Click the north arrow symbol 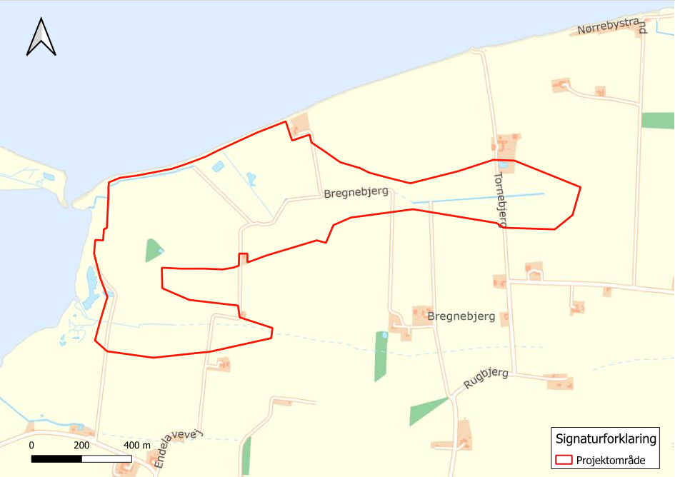click(41, 38)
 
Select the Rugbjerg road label click(486, 378)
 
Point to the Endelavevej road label click(175, 450)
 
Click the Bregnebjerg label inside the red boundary click(355, 193)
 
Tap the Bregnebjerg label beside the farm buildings click(461, 316)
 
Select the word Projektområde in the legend click(611, 461)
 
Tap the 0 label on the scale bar click(31, 446)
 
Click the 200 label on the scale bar click(81, 446)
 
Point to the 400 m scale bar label click(137, 446)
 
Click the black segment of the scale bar click(56, 457)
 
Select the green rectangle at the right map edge click(658, 120)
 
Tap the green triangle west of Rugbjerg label click(426, 411)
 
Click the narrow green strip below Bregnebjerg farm click(381, 356)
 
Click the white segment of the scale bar click(106, 457)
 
